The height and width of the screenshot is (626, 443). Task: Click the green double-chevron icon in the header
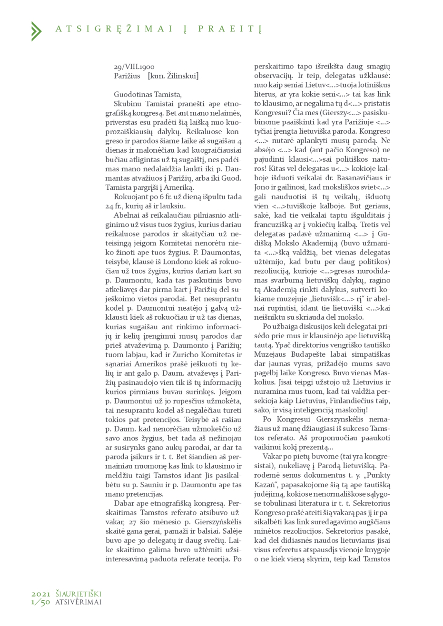[x=36, y=30]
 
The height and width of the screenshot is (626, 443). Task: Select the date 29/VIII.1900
[x=134, y=68]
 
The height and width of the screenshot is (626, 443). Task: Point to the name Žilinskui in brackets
[x=182, y=76]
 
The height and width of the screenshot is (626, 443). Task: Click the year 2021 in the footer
[x=41, y=593]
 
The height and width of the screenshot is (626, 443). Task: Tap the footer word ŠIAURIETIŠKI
[x=79, y=593]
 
